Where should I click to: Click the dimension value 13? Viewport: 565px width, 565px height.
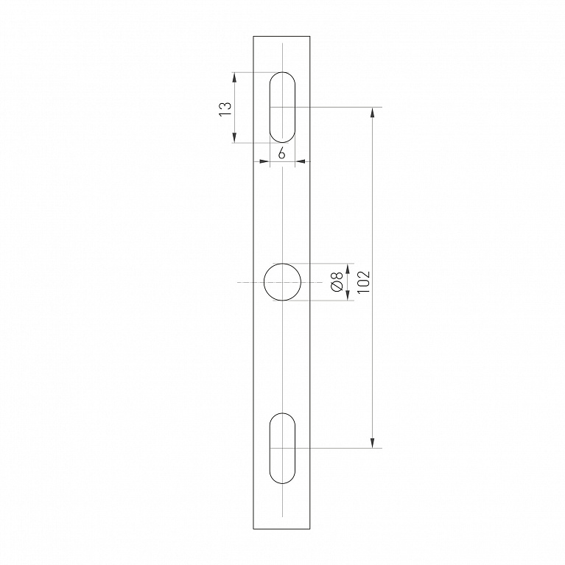point(225,108)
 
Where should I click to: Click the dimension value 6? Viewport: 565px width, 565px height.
point(282,154)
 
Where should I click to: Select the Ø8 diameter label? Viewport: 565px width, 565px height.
point(337,282)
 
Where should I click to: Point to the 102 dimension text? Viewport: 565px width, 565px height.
point(364,282)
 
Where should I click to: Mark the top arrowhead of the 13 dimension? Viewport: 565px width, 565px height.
point(234,77)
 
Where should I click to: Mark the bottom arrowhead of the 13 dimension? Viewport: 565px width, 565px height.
point(234,138)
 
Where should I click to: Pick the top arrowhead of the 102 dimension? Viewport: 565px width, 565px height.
point(372,113)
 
